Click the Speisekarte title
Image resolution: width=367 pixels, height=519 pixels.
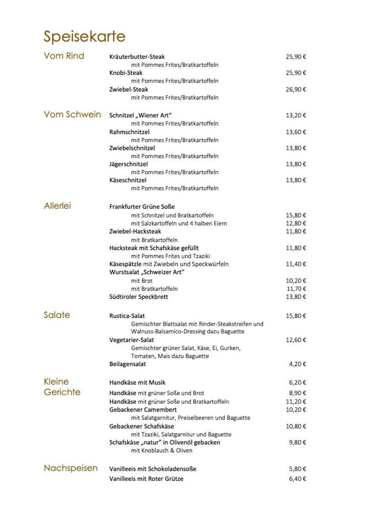(84, 36)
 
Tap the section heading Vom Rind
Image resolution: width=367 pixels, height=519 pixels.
(64, 56)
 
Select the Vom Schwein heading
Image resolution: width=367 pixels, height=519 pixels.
(72, 115)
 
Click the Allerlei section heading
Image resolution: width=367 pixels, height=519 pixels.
(57, 206)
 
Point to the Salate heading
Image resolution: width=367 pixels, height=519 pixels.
(57, 315)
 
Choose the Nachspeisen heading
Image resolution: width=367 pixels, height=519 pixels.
(71, 468)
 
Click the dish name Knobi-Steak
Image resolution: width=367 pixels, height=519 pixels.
(126, 73)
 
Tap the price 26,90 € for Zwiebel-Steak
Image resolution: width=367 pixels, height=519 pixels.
(296, 89)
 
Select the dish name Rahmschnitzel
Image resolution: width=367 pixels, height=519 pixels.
(129, 132)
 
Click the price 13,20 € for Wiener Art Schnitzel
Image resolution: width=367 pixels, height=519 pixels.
(296, 115)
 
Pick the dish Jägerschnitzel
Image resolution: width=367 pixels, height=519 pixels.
(128, 164)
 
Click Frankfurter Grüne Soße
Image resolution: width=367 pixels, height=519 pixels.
(142, 207)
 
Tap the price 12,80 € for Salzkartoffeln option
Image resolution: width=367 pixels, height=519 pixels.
(296, 223)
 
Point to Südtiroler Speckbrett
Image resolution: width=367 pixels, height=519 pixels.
(139, 297)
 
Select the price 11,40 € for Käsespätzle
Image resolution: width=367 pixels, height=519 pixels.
(296, 264)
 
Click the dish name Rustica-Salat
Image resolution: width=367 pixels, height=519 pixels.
(127, 316)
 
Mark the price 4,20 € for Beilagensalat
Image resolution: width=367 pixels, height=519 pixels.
(297, 364)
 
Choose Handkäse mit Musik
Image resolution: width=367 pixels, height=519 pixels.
(137, 383)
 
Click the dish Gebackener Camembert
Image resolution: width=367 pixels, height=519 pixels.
(143, 409)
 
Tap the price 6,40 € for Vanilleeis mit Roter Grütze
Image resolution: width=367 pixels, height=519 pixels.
(297, 479)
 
